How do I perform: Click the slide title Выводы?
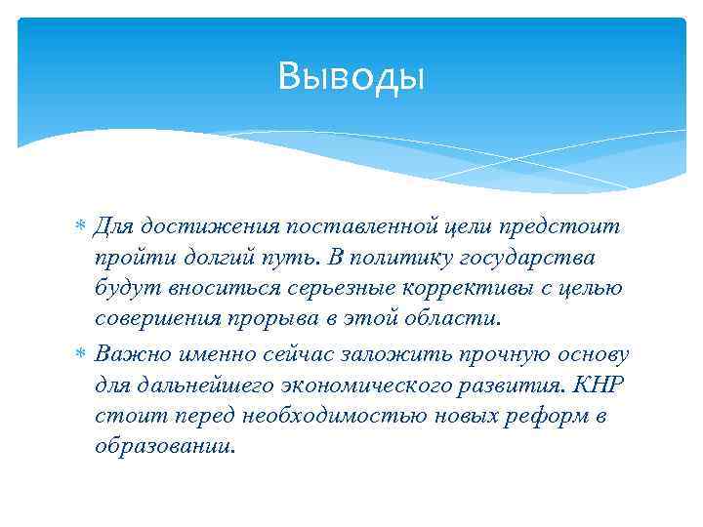[x=351, y=75]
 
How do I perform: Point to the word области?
[x=453, y=321]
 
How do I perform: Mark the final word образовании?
[x=165, y=447]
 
